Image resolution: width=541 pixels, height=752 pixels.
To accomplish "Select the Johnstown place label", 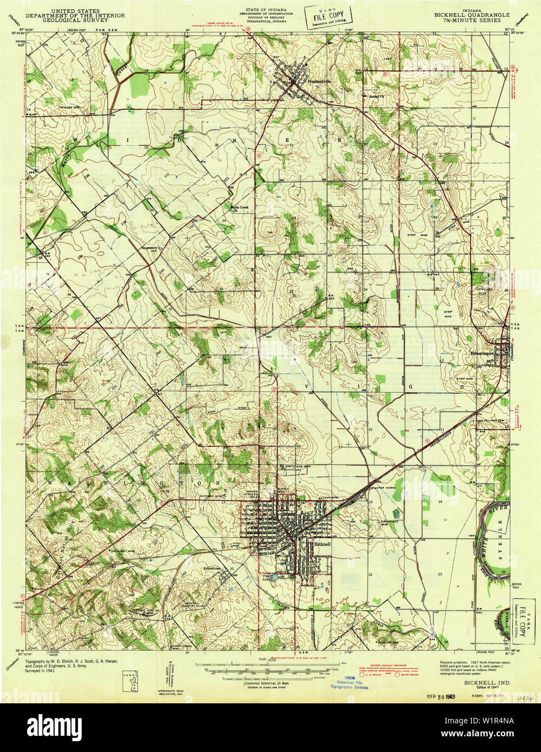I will point(212,569).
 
